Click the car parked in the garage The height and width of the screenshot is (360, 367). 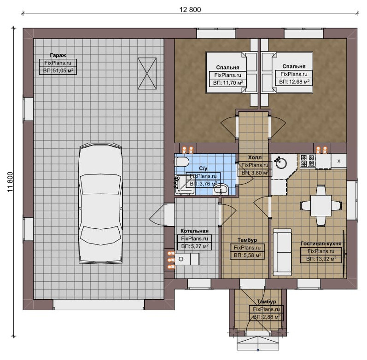pyautogui.click(x=101, y=203)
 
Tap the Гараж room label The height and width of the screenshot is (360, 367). pyautogui.click(x=58, y=55)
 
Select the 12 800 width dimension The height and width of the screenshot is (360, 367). pyautogui.click(x=190, y=9)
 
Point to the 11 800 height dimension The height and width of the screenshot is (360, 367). pyautogui.click(x=10, y=182)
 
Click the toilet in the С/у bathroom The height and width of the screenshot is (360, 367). pyautogui.click(x=182, y=162)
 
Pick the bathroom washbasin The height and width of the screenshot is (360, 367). pyautogui.click(x=221, y=189)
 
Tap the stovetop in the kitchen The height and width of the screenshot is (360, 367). pyautogui.click(x=308, y=161)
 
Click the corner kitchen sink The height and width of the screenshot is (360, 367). pyautogui.click(x=281, y=163)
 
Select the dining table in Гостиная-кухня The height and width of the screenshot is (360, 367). pyautogui.click(x=321, y=205)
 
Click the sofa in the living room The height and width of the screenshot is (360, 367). pyautogui.click(x=283, y=252)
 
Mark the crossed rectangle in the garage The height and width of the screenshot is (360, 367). pyautogui.click(x=147, y=74)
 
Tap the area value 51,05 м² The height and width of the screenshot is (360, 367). pyautogui.click(x=58, y=70)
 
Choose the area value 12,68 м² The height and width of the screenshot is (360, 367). pyautogui.click(x=294, y=81)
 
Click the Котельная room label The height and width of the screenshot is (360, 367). pyautogui.click(x=194, y=231)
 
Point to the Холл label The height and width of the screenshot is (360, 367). pyautogui.click(x=255, y=157)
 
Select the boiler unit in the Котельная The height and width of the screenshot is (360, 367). pyautogui.click(x=187, y=259)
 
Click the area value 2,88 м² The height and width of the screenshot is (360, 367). pyautogui.click(x=267, y=317)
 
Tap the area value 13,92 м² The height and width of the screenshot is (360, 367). pyautogui.click(x=321, y=259)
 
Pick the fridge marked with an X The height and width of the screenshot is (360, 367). pyautogui.click(x=338, y=161)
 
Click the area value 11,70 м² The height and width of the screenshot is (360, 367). pyautogui.click(x=228, y=82)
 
